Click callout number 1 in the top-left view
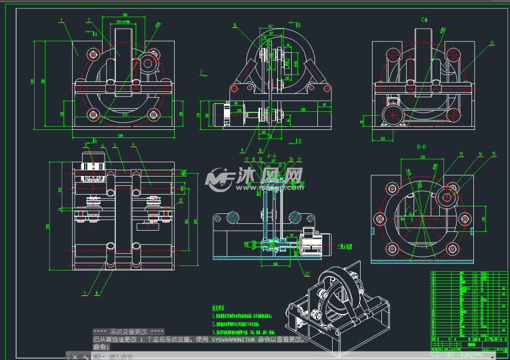point(61,20)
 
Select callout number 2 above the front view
point(88,20)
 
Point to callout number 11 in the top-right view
point(491,43)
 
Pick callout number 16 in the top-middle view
point(234,25)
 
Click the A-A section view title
point(272,154)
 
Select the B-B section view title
point(421,147)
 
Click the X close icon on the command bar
point(74,356)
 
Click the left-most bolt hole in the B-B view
point(379,218)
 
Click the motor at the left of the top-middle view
point(219,115)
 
